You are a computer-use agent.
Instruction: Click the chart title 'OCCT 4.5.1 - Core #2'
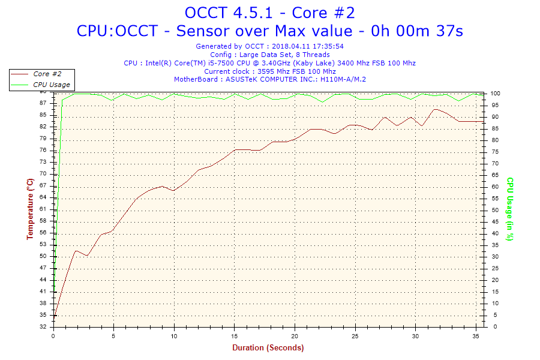pos(269,13)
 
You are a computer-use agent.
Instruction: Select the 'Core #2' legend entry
pos(47,74)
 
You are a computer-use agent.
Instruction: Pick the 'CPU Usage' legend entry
pos(51,85)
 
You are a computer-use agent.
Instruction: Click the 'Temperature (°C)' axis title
pos(30,209)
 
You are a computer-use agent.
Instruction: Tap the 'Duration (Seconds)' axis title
pos(268,347)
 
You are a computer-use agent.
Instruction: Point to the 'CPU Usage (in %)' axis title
pos(510,209)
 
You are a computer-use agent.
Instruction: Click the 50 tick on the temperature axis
pos(43,256)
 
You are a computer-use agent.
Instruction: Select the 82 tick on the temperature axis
pos(43,127)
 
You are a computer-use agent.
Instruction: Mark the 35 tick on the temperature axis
pos(43,315)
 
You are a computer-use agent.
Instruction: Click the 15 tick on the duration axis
pos(235,336)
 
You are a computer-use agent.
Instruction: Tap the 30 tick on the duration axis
pos(415,336)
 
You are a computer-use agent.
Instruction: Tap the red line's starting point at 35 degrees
pos(55,316)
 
